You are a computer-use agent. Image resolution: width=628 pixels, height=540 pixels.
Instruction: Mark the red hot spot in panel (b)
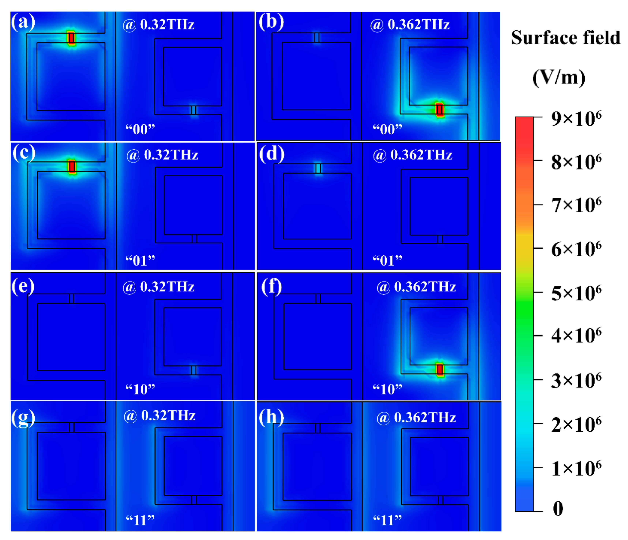[x=439, y=110]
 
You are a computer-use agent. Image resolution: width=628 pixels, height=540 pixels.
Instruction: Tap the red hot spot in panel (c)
[x=72, y=167]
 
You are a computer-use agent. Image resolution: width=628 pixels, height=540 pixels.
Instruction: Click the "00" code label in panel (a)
[x=140, y=129]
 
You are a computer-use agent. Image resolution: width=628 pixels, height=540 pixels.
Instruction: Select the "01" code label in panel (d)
[x=387, y=260]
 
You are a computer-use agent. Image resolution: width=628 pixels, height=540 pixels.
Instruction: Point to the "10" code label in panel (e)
[x=140, y=389]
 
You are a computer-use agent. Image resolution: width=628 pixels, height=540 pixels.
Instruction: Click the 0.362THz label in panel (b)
[x=418, y=24]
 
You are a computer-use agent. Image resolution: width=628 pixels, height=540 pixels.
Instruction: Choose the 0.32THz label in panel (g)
[x=168, y=415]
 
